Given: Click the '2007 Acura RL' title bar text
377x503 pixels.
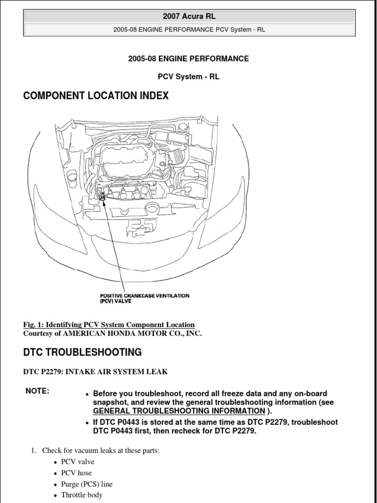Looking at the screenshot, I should [x=189, y=16].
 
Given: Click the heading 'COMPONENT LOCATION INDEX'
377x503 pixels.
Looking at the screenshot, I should [x=96, y=96].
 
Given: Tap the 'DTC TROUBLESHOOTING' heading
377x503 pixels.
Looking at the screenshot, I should [x=82, y=352].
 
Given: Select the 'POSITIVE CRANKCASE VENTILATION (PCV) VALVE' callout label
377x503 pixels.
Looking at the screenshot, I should [x=144, y=299].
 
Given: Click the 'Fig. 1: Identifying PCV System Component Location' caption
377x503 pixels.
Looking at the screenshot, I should [x=109, y=325].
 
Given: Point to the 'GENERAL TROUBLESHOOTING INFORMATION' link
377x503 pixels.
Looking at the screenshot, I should [x=179, y=411].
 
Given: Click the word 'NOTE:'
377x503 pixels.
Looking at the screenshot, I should [x=37, y=391].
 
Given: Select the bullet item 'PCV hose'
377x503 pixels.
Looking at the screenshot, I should [x=76, y=473].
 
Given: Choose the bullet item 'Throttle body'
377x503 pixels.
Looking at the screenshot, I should [x=81, y=495].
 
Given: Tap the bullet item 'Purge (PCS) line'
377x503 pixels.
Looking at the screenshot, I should [x=86, y=484].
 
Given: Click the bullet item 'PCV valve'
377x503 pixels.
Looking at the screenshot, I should [x=78, y=462].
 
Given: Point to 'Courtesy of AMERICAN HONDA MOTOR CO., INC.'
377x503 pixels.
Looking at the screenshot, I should [x=112, y=334].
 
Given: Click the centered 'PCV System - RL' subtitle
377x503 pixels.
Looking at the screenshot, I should [x=188, y=77].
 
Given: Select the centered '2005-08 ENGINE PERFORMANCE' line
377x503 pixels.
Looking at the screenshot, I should [x=188, y=59].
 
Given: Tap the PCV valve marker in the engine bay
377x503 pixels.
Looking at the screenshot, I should [x=102, y=196].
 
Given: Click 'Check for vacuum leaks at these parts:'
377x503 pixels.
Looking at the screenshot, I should [x=101, y=450].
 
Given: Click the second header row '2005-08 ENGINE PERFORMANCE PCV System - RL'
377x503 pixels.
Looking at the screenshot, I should [x=189, y=29].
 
